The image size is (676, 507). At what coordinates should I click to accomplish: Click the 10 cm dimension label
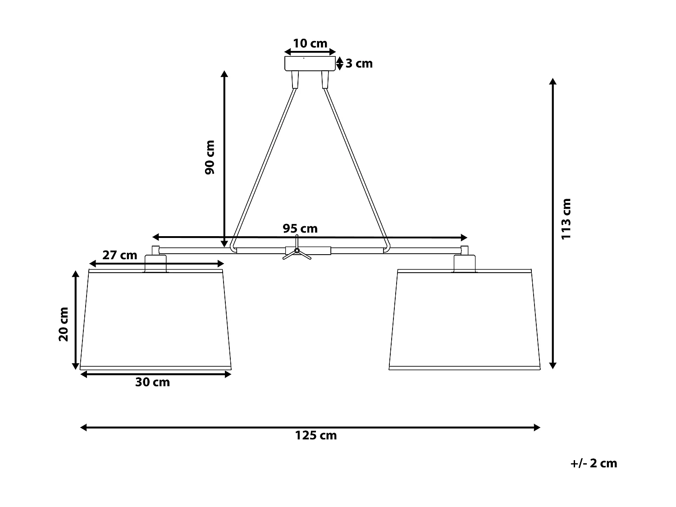310,44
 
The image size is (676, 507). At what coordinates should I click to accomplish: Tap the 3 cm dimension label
359,64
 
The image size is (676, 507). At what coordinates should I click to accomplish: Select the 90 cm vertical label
210,158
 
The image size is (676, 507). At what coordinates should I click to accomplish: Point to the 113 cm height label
566,219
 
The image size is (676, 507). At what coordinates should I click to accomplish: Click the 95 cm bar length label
300,228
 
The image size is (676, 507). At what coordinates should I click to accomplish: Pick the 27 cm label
119,255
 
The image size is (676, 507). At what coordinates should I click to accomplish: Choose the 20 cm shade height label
64,324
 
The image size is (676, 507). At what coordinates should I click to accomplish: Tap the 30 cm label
153,382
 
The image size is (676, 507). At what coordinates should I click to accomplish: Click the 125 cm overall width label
316,435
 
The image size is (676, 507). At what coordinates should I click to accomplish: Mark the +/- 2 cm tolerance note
594,463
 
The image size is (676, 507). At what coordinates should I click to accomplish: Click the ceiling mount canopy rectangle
310,64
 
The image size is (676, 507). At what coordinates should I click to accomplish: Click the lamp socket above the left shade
155,264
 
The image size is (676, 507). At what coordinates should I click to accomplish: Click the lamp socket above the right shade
465,264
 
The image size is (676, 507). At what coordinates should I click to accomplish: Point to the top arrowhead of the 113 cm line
553,82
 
